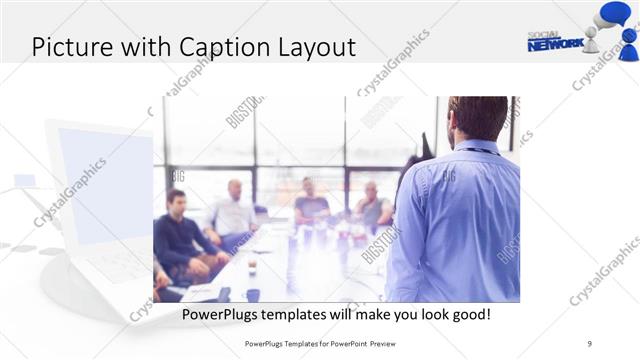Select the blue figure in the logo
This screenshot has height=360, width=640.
click(629, 41)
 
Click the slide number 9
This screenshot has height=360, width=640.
click(590, 343)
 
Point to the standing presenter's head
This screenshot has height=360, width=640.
click(476, 118)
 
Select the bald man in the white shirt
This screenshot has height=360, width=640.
click(233, 212)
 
